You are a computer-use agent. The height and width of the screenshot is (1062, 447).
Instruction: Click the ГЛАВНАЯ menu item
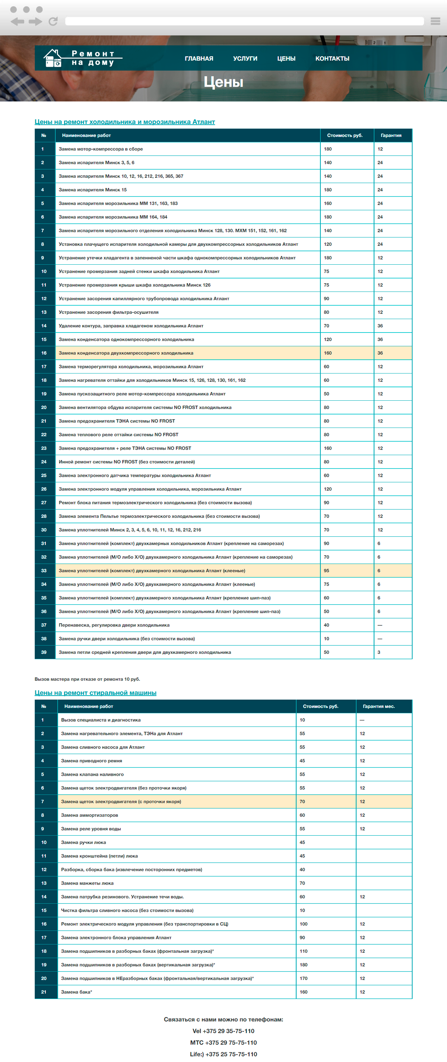[199, 59]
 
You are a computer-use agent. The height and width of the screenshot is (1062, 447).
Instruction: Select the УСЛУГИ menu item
[245, 59]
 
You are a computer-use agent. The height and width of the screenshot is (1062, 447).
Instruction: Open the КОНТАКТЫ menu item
[332, 59]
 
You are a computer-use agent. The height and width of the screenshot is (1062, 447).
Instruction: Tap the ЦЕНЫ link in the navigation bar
[286, 59]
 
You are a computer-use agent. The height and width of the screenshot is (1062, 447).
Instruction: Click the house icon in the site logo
[53, 58]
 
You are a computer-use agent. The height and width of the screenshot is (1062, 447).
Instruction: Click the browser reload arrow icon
[53, 22]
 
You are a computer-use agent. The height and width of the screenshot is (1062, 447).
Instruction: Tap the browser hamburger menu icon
[435, 21]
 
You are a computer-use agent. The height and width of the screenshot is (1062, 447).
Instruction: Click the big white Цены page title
[223, 82]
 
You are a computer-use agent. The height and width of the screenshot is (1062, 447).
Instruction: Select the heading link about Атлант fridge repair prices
[124, 122]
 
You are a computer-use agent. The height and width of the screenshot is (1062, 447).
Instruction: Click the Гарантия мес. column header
[378, 706]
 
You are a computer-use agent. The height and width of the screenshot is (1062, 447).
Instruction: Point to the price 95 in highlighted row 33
[326, 571]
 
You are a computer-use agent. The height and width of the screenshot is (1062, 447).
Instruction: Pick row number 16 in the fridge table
[44, 353]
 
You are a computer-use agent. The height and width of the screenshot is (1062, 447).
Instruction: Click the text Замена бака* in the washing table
[77, 992]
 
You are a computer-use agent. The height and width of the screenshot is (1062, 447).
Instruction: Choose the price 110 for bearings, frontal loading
[304, 951]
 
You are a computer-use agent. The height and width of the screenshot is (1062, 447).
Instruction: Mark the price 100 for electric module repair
[304, 924]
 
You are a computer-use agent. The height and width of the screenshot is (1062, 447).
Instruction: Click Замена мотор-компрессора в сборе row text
[101, 149]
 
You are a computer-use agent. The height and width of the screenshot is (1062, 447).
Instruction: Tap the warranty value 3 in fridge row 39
[379, 652]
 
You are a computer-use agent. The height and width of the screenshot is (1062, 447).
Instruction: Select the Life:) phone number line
[223, 1054]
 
